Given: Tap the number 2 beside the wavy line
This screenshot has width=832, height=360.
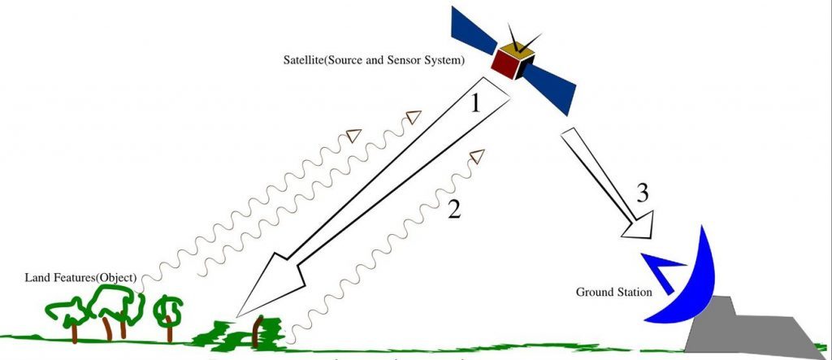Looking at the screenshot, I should coord(453,210).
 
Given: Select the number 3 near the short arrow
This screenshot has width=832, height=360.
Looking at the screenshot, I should coord(642,194).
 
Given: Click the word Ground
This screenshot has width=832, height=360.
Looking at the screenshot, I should coord(595,291).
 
